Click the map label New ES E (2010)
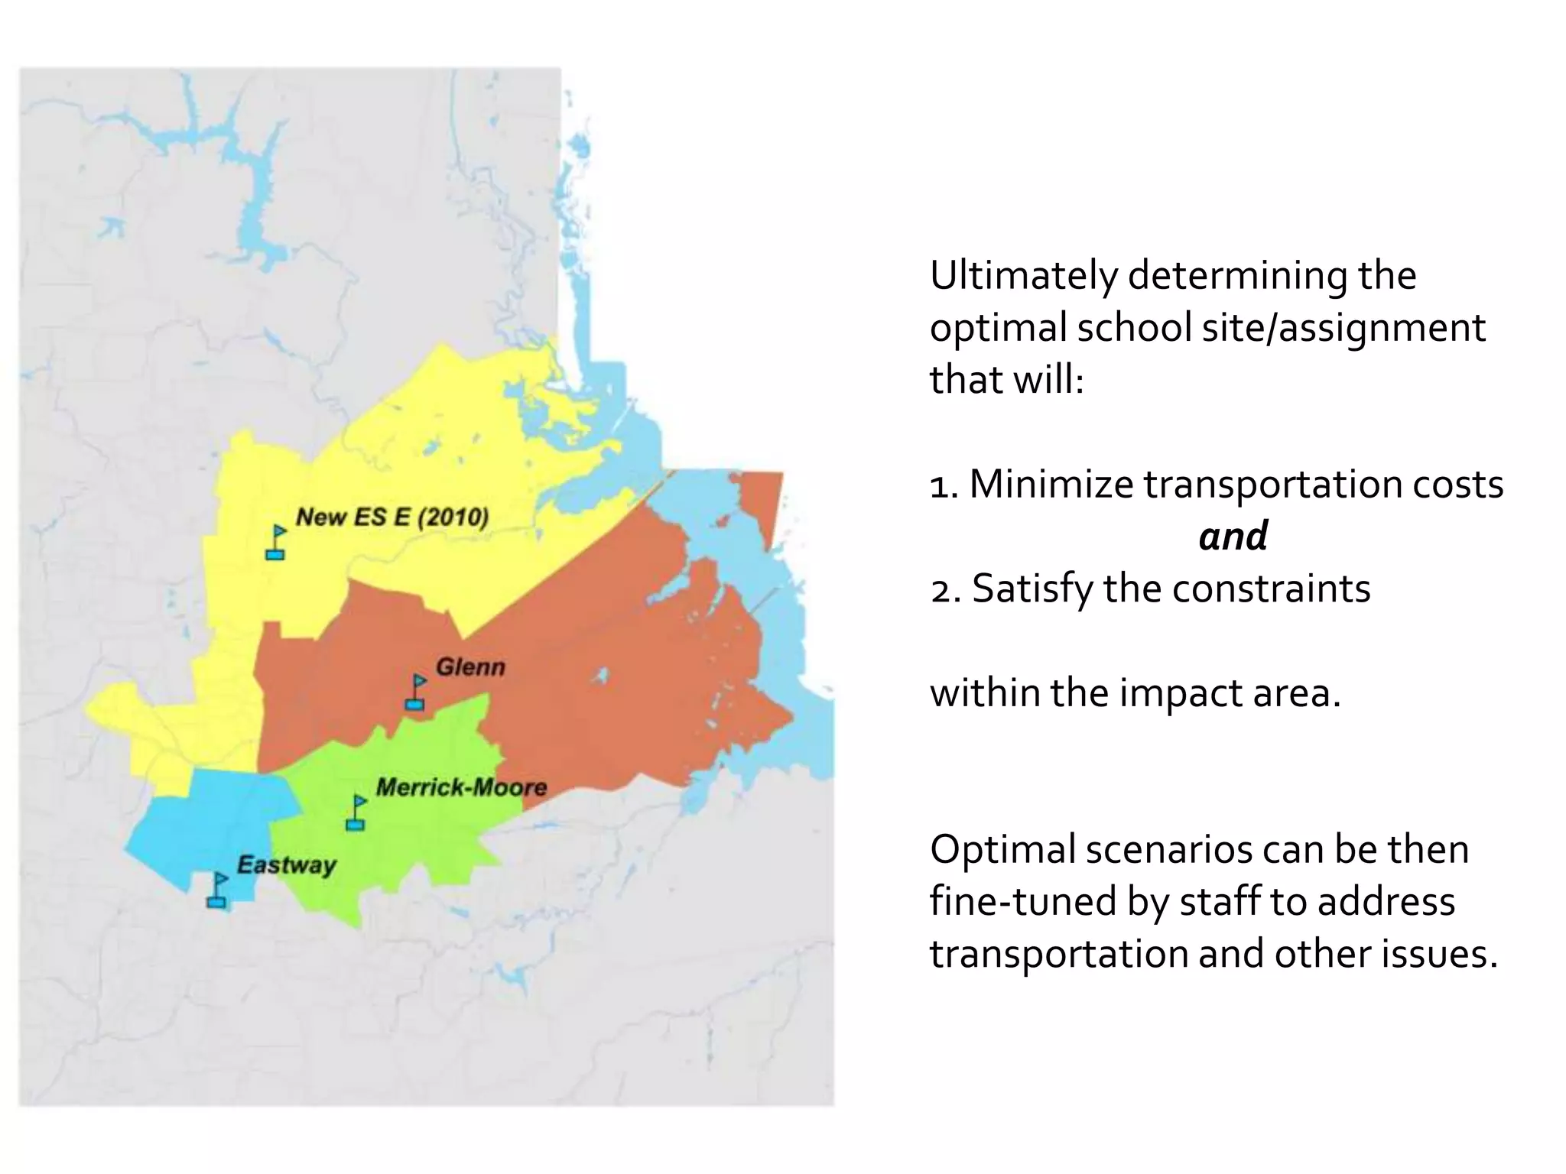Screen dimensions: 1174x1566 tap(391, 517)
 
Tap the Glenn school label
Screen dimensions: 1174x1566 tap(470, 667)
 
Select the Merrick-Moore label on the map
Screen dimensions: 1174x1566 tap(461, 787)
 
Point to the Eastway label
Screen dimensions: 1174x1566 tap(286, 865)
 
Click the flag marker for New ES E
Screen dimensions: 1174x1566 tap(276, 542)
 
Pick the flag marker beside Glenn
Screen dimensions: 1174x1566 tap(416, 692)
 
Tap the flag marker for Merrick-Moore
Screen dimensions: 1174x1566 tap(356, 812)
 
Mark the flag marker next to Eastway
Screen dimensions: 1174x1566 tap(218, 890)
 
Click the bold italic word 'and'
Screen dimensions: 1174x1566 tap(1233, 536)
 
